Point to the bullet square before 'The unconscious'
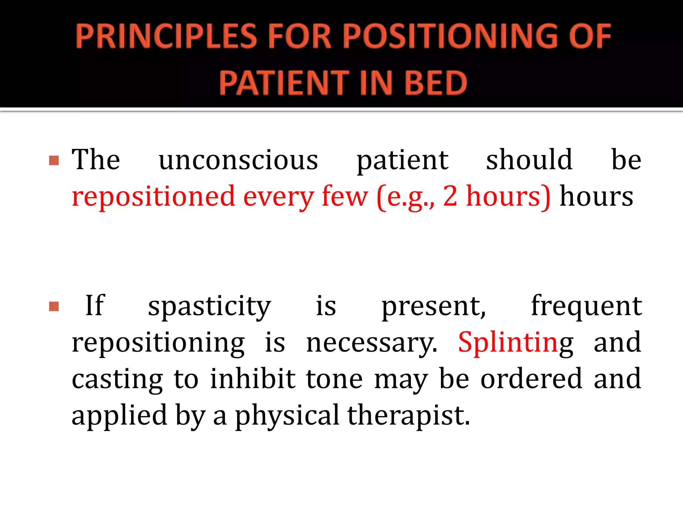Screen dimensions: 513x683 click(x=54, y=161)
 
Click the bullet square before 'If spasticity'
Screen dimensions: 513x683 click(x=54, y=306)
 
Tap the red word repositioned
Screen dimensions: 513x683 click(x=153, y=197)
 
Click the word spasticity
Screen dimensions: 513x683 click(x=209, y=307)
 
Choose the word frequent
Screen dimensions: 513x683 click(x=586, y=306)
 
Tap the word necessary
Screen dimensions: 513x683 click(x=371, y=343)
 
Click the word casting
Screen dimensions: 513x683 click(x=117, y=380)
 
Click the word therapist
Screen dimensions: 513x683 click(x=408, y=416)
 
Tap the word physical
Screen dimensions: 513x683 click(x=287, y=416)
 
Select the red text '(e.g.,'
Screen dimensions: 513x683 click(x=406, y=197)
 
